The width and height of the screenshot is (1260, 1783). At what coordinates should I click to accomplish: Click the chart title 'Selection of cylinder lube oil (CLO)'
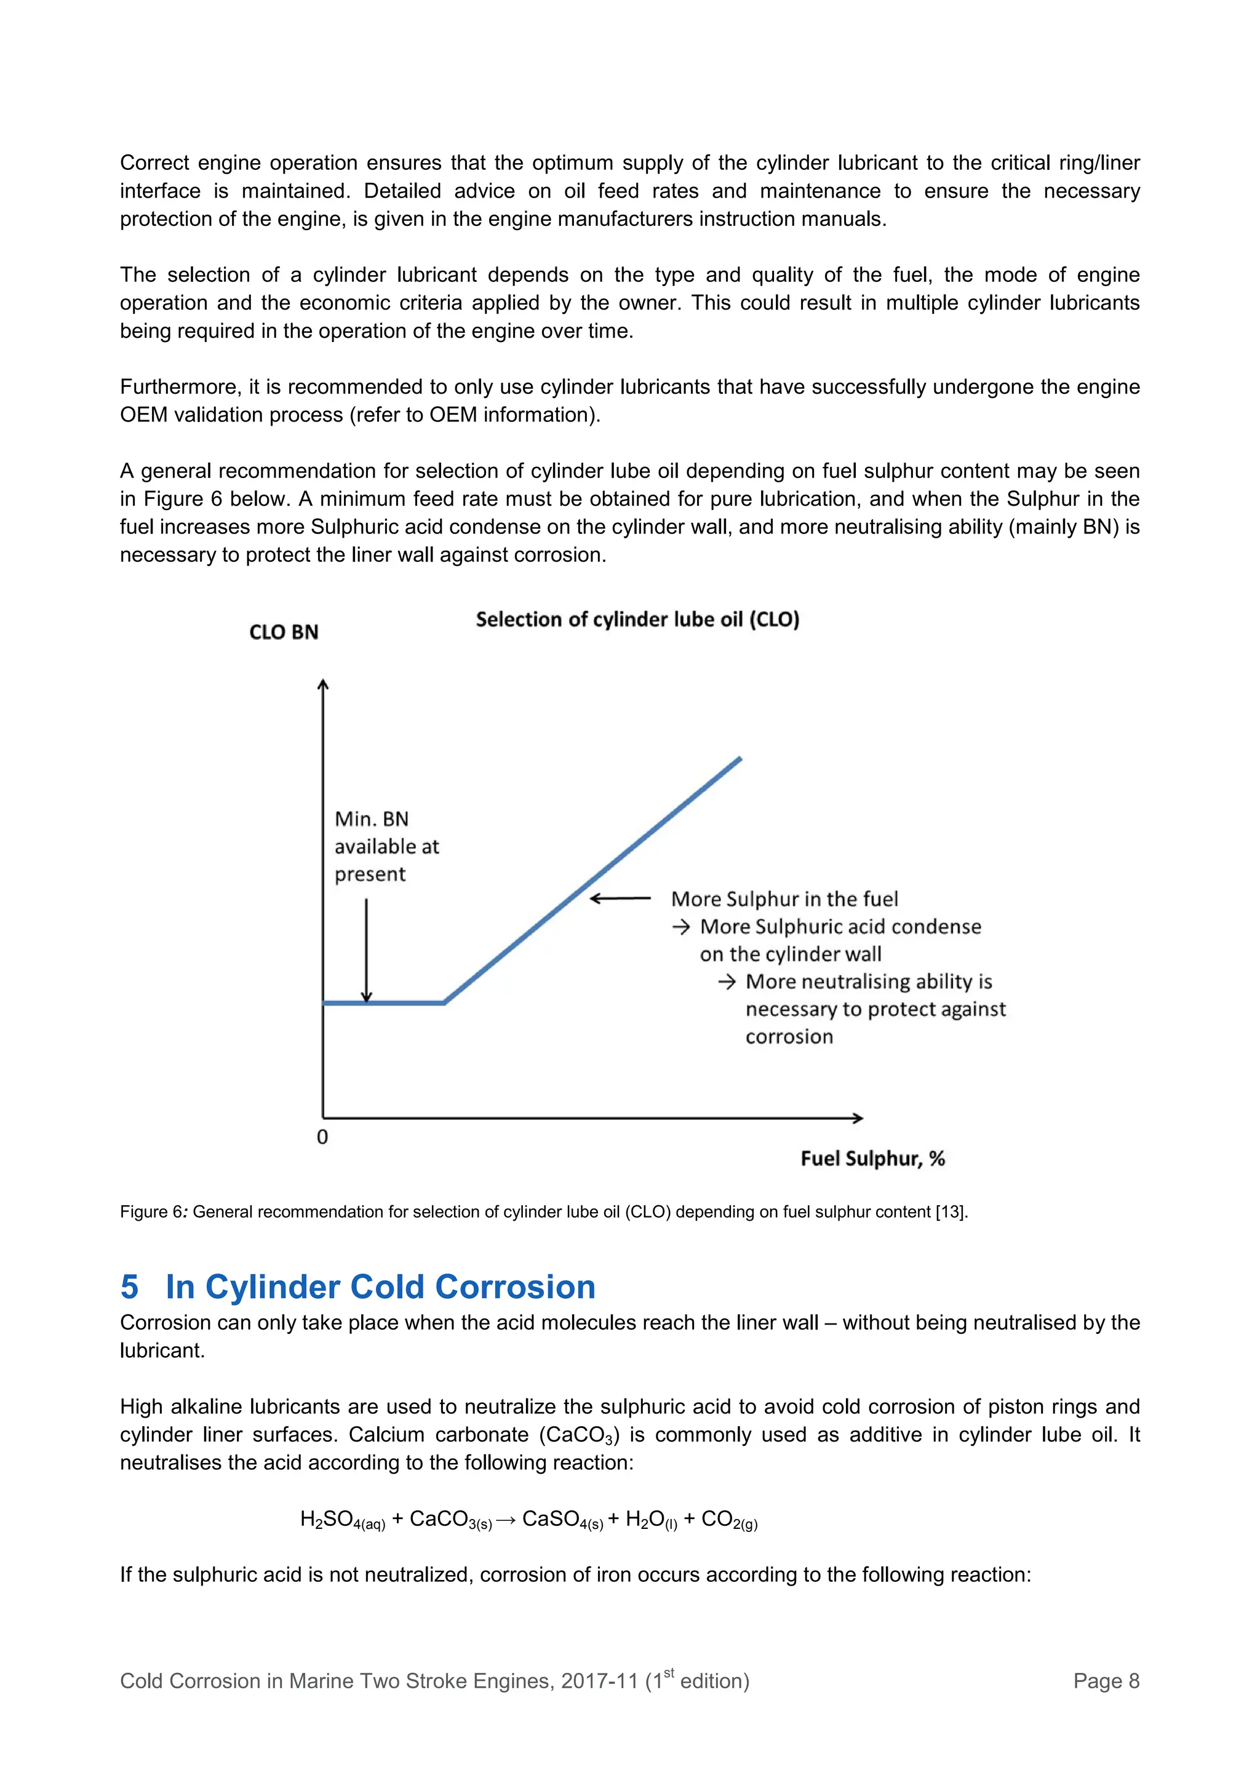coord(637,619)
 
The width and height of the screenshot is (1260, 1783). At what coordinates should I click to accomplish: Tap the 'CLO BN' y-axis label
coord(284,632)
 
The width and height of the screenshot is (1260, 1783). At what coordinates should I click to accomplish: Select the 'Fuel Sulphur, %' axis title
coord(872,1159)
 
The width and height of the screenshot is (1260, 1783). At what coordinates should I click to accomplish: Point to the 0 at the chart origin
coord(322,1137)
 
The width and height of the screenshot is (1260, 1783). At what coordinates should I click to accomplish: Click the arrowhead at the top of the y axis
coord(323,684)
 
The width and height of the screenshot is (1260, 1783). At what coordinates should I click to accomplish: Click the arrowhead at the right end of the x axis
coord(858,1119)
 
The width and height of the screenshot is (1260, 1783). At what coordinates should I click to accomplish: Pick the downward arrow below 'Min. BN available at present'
coord(367,951)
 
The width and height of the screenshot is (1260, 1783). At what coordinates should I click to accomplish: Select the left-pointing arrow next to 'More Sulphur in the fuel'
coord(620,898)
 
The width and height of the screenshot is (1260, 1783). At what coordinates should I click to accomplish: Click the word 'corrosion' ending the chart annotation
coord(789,1037)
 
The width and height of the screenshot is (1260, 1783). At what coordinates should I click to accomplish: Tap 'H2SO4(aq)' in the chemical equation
coord(342,1520)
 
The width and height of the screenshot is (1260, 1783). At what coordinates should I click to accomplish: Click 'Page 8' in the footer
coord(1106,1681)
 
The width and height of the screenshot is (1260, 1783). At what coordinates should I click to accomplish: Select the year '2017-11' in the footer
coord(599,1681)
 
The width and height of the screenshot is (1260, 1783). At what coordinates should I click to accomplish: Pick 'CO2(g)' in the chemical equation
coord(729,1520)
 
